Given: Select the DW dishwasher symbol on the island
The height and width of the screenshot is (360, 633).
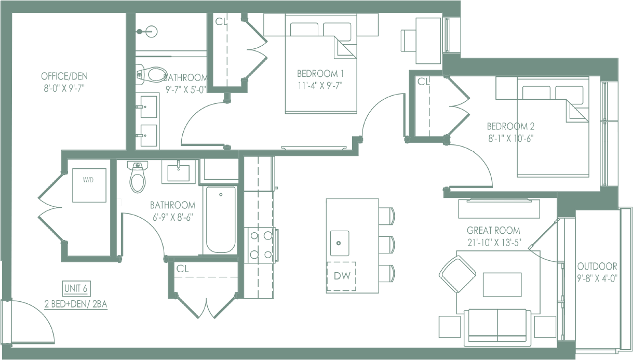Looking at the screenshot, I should click(x=341, y=275).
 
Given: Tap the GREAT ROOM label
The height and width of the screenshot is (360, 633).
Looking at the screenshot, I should click(x=493, y=230).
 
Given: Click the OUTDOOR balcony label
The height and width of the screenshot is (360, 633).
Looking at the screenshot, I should click(x=597, y=265).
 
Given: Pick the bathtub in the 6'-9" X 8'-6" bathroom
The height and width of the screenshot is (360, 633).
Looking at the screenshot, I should click(x=221, y=219).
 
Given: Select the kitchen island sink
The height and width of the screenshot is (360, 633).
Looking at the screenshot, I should click(x=340, y=243).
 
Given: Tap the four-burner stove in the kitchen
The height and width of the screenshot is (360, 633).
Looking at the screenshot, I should click(x=261, y=245).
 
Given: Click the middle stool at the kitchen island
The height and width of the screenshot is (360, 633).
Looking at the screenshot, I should click(x=387, y=244).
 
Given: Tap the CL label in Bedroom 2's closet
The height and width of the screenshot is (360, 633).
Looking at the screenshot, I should click(x=424, y=82).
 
